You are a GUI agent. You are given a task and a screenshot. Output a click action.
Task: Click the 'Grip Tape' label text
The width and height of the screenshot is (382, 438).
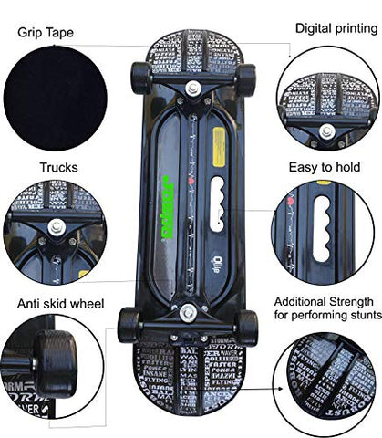(46, 33)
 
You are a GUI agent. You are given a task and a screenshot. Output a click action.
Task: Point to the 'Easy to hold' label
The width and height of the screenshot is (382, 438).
(326, 166)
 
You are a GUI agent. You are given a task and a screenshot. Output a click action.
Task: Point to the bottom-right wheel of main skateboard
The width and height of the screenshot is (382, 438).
(246, 325)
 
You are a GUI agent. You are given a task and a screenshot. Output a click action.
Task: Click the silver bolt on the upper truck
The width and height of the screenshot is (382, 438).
(193, 89)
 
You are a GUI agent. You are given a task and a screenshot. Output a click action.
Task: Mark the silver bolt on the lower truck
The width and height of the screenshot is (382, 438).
(188, 313)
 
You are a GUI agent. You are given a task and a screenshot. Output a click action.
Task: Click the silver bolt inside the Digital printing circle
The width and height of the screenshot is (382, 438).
(325, 131)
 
